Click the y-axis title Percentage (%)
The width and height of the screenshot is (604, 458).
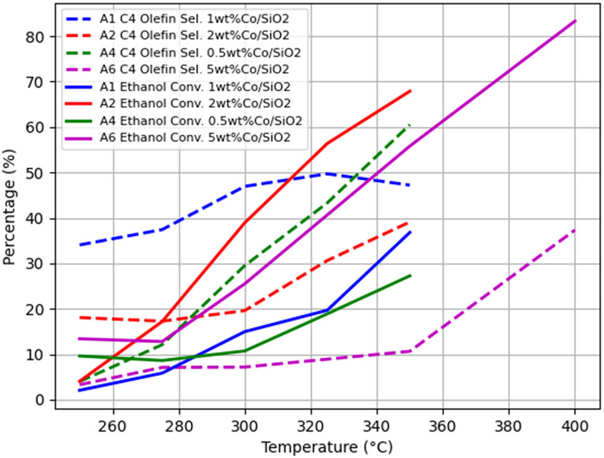tap(10, 207)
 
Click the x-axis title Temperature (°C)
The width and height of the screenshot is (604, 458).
tap(326, 446)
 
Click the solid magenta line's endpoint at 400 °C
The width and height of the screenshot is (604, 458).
tap(575, 21)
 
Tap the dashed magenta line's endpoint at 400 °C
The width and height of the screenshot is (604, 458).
tap(575, 230)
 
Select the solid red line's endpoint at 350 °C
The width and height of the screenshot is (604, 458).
tap(410, 91)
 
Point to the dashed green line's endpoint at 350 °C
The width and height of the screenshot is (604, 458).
tap(410, 124)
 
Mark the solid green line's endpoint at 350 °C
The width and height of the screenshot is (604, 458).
tap(410, 275)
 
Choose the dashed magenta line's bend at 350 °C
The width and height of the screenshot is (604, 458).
tap(410, 351)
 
